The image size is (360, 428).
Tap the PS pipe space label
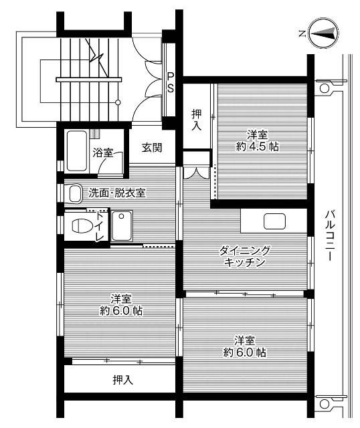click(171, 82)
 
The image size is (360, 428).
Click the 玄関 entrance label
click(152, 148)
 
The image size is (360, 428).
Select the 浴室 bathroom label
click(102, 152)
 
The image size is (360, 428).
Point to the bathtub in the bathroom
click(76, 151)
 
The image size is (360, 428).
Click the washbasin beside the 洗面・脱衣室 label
click(74, 193)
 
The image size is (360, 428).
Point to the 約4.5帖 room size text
click(257, 148)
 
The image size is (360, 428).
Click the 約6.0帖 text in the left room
click(118, 311)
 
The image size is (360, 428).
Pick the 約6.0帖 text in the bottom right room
click(244, 352)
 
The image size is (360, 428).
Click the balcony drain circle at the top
click(324, 88)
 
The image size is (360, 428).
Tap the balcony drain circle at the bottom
click(324, 404)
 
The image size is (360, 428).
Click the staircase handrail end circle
click(118, 102)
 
